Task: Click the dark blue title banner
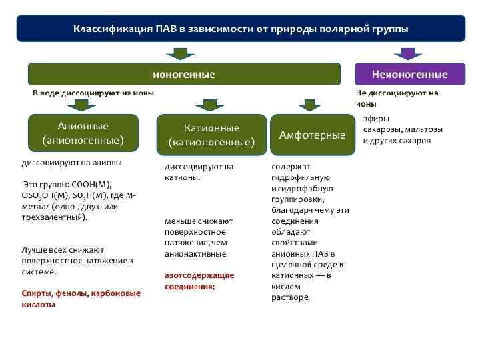[x=240, y=29]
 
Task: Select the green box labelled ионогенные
[x=184, y=74]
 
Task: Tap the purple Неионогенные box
[x=409, y=74]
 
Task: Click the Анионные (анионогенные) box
[x=83, y=133]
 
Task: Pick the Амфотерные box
[x=312, y=135]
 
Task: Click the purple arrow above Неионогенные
[x=409, y=53]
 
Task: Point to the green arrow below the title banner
[x=180, y=53]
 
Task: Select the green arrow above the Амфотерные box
[x=309, y=105]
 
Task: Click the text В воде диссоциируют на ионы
[x=93, y=93]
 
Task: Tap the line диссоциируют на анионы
[x=71, y=162]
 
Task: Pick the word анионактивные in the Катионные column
[x=195, y=254]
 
